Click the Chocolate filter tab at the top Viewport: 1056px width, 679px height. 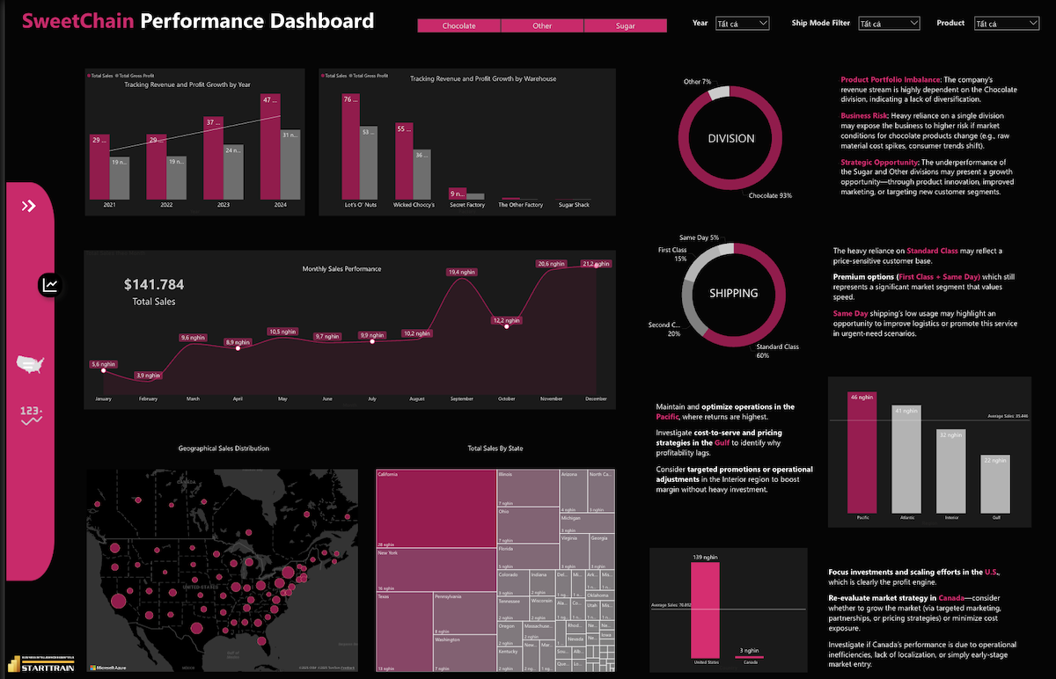pos(458,26)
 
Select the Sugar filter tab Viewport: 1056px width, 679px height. pos(625,26)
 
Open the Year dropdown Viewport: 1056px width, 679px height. pos(742,24)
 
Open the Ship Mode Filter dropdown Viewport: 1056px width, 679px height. pos(888,24)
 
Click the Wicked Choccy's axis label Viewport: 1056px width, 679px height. pos(414,205)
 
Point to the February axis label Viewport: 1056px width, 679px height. pos(148,399)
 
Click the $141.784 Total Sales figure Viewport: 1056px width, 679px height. pos(154,285)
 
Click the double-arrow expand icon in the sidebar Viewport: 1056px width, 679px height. pos(29,206)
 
